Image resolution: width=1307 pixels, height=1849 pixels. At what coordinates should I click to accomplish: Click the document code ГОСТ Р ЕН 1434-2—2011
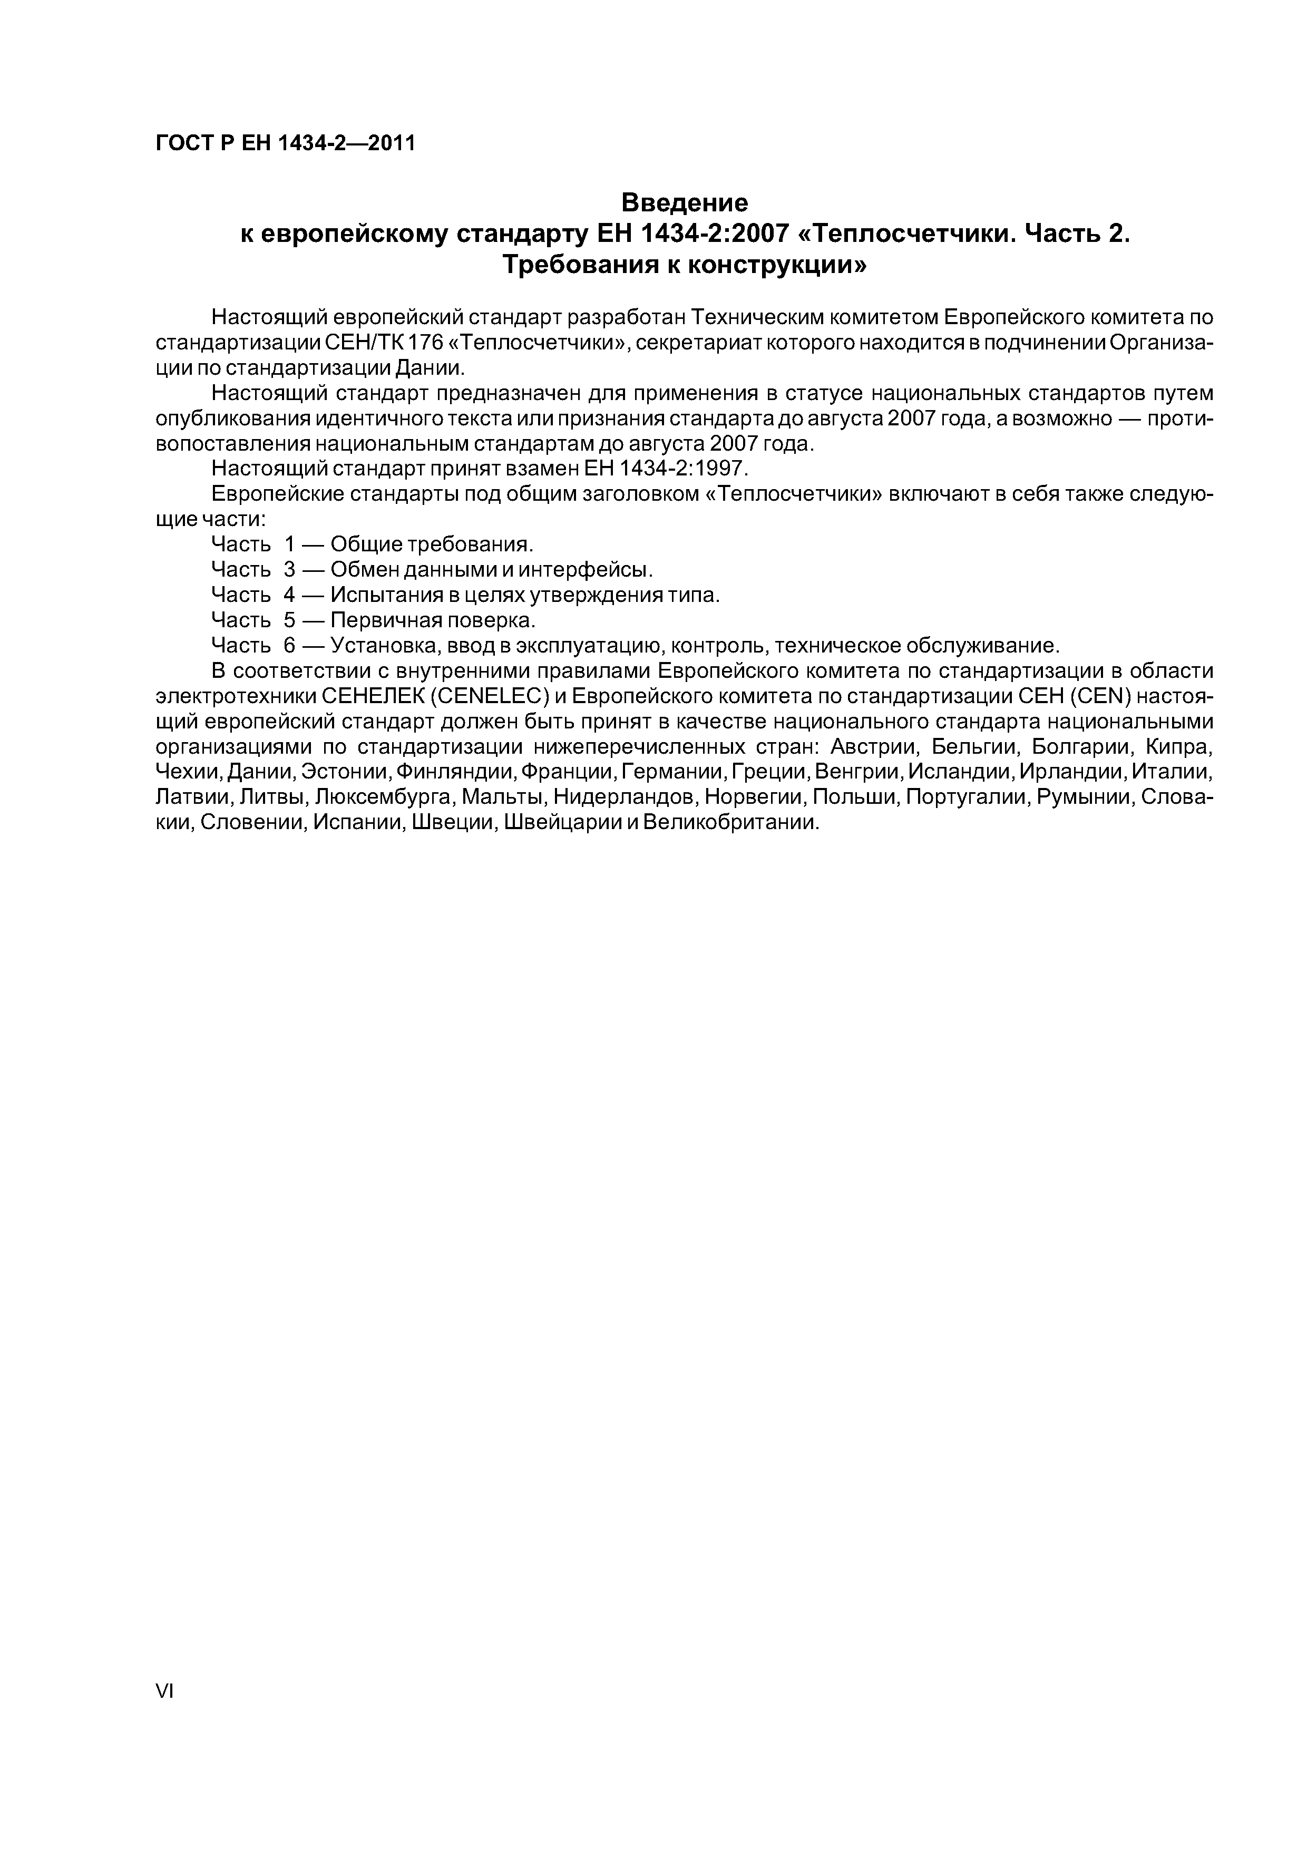pos(285,143)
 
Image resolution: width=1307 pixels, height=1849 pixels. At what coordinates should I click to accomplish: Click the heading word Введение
pos(685,201)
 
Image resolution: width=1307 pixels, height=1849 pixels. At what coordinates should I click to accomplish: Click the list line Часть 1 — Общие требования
pos(372,544)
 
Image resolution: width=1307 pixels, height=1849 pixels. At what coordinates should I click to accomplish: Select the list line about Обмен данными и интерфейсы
pos(432,570)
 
